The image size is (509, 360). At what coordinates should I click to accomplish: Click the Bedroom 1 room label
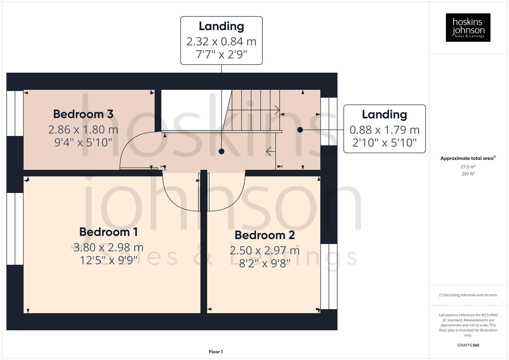click(108, 232)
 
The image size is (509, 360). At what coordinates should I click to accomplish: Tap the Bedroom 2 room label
click(265, 235)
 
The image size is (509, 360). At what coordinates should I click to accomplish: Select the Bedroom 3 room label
click(83, 114)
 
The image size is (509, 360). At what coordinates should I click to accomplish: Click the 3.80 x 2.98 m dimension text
click(108, 247)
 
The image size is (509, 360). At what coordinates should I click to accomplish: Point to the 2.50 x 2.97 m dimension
click(265, 250)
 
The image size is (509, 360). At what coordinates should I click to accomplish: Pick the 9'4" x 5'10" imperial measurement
click(83, 143)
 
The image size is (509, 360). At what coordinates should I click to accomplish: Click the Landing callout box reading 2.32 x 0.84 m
click(221, 40)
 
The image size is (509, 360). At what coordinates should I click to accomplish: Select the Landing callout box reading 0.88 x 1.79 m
click(384, 129)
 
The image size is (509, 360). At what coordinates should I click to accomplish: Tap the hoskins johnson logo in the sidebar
click(468, 27)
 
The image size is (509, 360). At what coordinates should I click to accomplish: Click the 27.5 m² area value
click(468, 167)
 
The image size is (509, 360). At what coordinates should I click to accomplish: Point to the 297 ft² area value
click(468, 174)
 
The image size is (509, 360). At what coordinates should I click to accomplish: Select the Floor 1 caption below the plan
click(216, 352)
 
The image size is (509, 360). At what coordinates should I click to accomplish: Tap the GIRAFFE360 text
click(468, 345)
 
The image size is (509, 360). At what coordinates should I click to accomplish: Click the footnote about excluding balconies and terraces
click(468, 295)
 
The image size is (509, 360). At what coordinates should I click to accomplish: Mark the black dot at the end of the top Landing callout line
click(221, 152)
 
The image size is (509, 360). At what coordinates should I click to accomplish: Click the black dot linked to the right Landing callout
click(300, 130)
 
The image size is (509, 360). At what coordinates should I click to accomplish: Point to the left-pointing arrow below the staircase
click(270, 152)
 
